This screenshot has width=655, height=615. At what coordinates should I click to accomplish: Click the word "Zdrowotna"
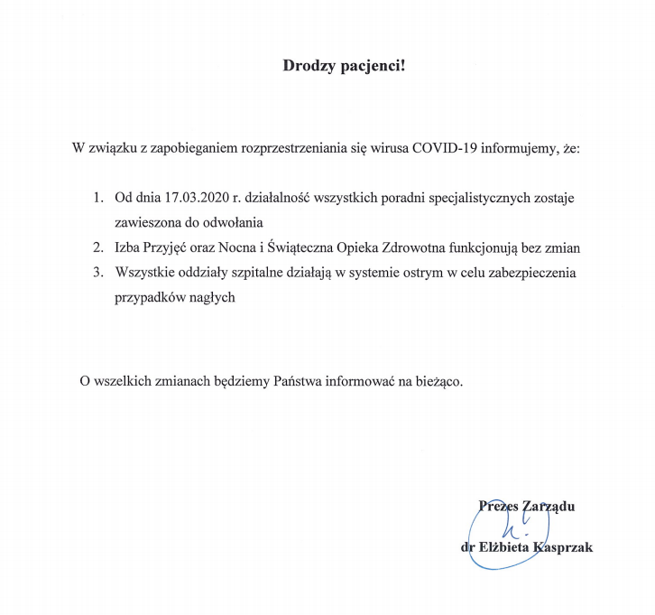click(x=405, y=247)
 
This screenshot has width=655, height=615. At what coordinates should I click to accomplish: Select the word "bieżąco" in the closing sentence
click(x=438, y=381)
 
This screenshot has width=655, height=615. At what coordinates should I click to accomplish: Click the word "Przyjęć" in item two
click(x=163, y=247)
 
